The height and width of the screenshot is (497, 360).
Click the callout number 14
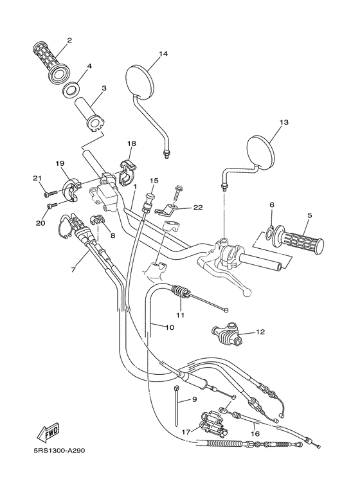(163, 54)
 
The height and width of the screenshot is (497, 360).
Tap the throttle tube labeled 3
(93, 111)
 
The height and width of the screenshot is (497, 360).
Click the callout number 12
(260, 332)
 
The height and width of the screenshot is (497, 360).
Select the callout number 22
(197, 207)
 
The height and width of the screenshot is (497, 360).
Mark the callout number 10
(170, 327)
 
